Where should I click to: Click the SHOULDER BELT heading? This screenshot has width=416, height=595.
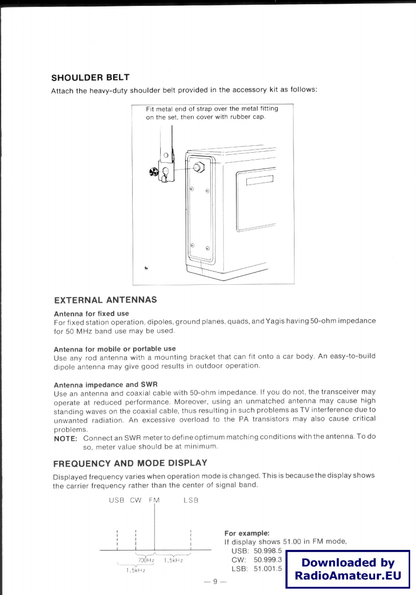pos(90,78)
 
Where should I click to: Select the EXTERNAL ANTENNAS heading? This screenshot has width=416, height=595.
pos(106,300)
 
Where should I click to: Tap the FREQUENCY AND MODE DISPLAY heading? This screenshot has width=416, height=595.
pos(130,462)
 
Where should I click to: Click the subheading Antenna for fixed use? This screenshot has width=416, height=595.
pos(91,313)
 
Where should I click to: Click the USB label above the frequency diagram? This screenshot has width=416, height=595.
pos(116,500)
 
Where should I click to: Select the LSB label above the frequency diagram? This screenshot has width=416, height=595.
pos(190,500)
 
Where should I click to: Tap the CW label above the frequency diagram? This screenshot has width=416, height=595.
pos(136,500)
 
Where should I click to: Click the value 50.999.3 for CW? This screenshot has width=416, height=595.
pos(267,559)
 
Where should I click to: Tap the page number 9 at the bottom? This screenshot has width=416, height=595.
pos(215,582)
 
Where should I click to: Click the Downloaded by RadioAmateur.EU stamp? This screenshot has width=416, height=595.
pos(348,569)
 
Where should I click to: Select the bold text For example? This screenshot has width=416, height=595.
pos(247,533)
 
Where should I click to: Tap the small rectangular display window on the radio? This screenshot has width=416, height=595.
pos(259,179)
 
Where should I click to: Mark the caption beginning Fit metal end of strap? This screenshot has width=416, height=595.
pos(212,113)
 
